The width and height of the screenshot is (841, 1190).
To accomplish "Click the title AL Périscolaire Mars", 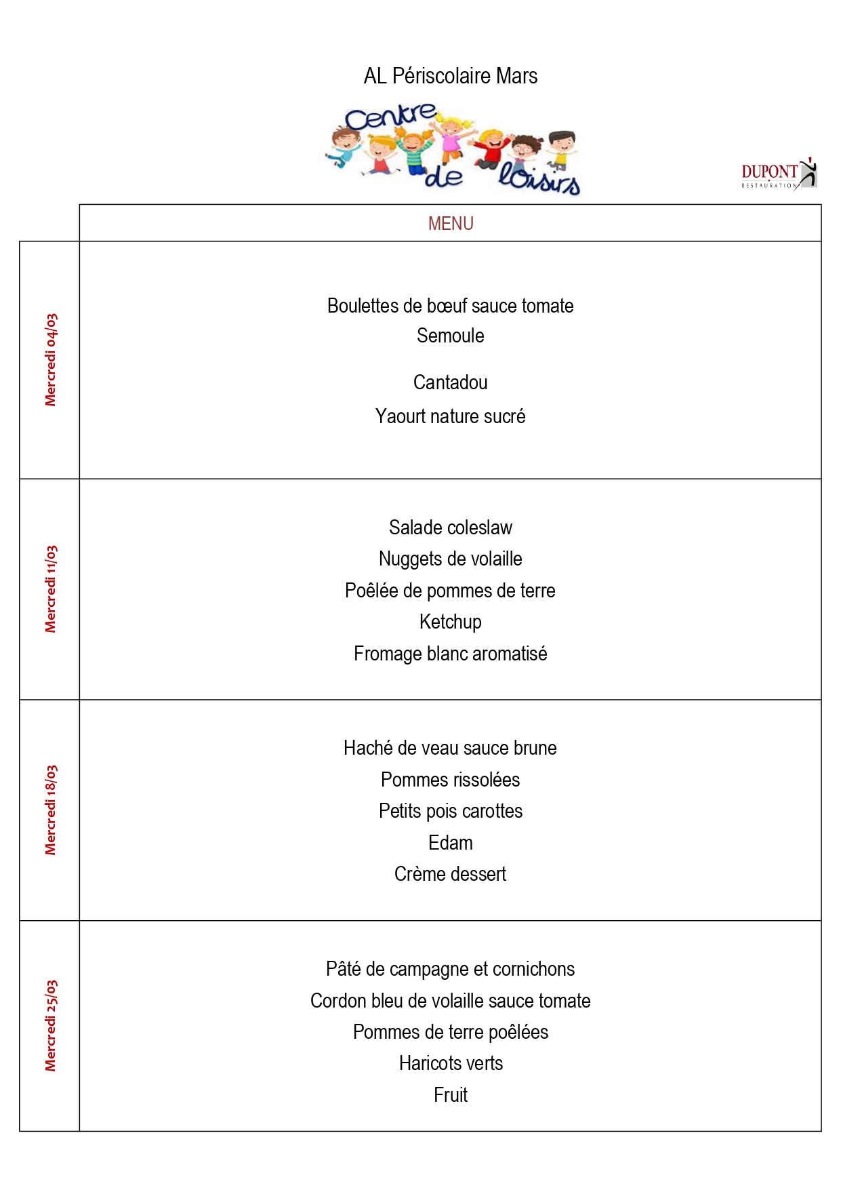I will click(x=451, y=76).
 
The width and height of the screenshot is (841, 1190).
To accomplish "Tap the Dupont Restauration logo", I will click(x=779, y=174).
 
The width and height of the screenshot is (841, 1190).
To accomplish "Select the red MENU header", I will click(x=451, y=224).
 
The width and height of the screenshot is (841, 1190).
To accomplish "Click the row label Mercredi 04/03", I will click(x=51, y=360).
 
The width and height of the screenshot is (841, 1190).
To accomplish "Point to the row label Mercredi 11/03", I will click(x=51, y=589).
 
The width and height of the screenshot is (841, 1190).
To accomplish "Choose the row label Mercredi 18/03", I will click(x=51, y=810).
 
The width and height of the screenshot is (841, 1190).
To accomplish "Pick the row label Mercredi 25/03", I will click(x=51, y=1026).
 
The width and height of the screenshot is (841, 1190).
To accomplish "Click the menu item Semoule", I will click(x=451, y=336).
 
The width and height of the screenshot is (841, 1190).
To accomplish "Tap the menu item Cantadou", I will click(x=451, y=382).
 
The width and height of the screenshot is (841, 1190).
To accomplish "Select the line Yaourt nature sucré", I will click(x=451, y=416).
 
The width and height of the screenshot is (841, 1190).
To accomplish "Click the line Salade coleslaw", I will click(x=451, y=528).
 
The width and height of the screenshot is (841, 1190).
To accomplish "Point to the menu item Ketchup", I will click(x=451, y=622).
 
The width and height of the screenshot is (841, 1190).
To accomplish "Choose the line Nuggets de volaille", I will click(x=451, y=559).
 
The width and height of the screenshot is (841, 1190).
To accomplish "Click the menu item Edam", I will click(x=451, y=843).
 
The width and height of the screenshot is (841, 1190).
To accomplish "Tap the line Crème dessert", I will click(x=451, y=874).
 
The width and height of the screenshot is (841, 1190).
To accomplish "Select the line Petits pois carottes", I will click(x=451, y=811).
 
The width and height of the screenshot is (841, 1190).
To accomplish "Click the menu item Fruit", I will click(x=451, y=1095).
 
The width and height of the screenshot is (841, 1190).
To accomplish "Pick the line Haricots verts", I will click(x=451, y=1063).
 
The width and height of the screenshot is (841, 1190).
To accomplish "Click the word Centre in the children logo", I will click(x=390, y=117).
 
